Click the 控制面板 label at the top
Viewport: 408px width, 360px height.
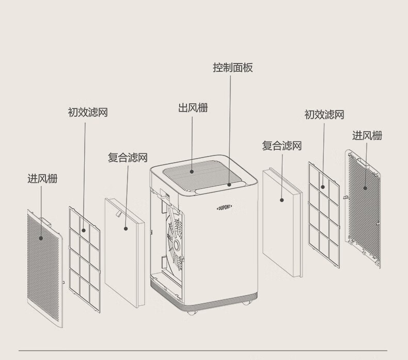point(233,68)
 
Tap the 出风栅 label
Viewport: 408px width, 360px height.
point(193,108)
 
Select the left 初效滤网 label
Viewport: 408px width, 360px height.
point(88,113)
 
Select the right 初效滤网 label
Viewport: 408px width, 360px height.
point(324,115)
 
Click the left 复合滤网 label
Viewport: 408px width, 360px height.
point(128,158)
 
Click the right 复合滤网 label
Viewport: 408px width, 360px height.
point(281,146)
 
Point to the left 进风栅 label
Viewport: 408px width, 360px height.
point(42,179)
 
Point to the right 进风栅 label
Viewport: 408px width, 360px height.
point(367,136)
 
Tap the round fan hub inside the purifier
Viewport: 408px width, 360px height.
point(177,242)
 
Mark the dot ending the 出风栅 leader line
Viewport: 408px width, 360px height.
point(192,171)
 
